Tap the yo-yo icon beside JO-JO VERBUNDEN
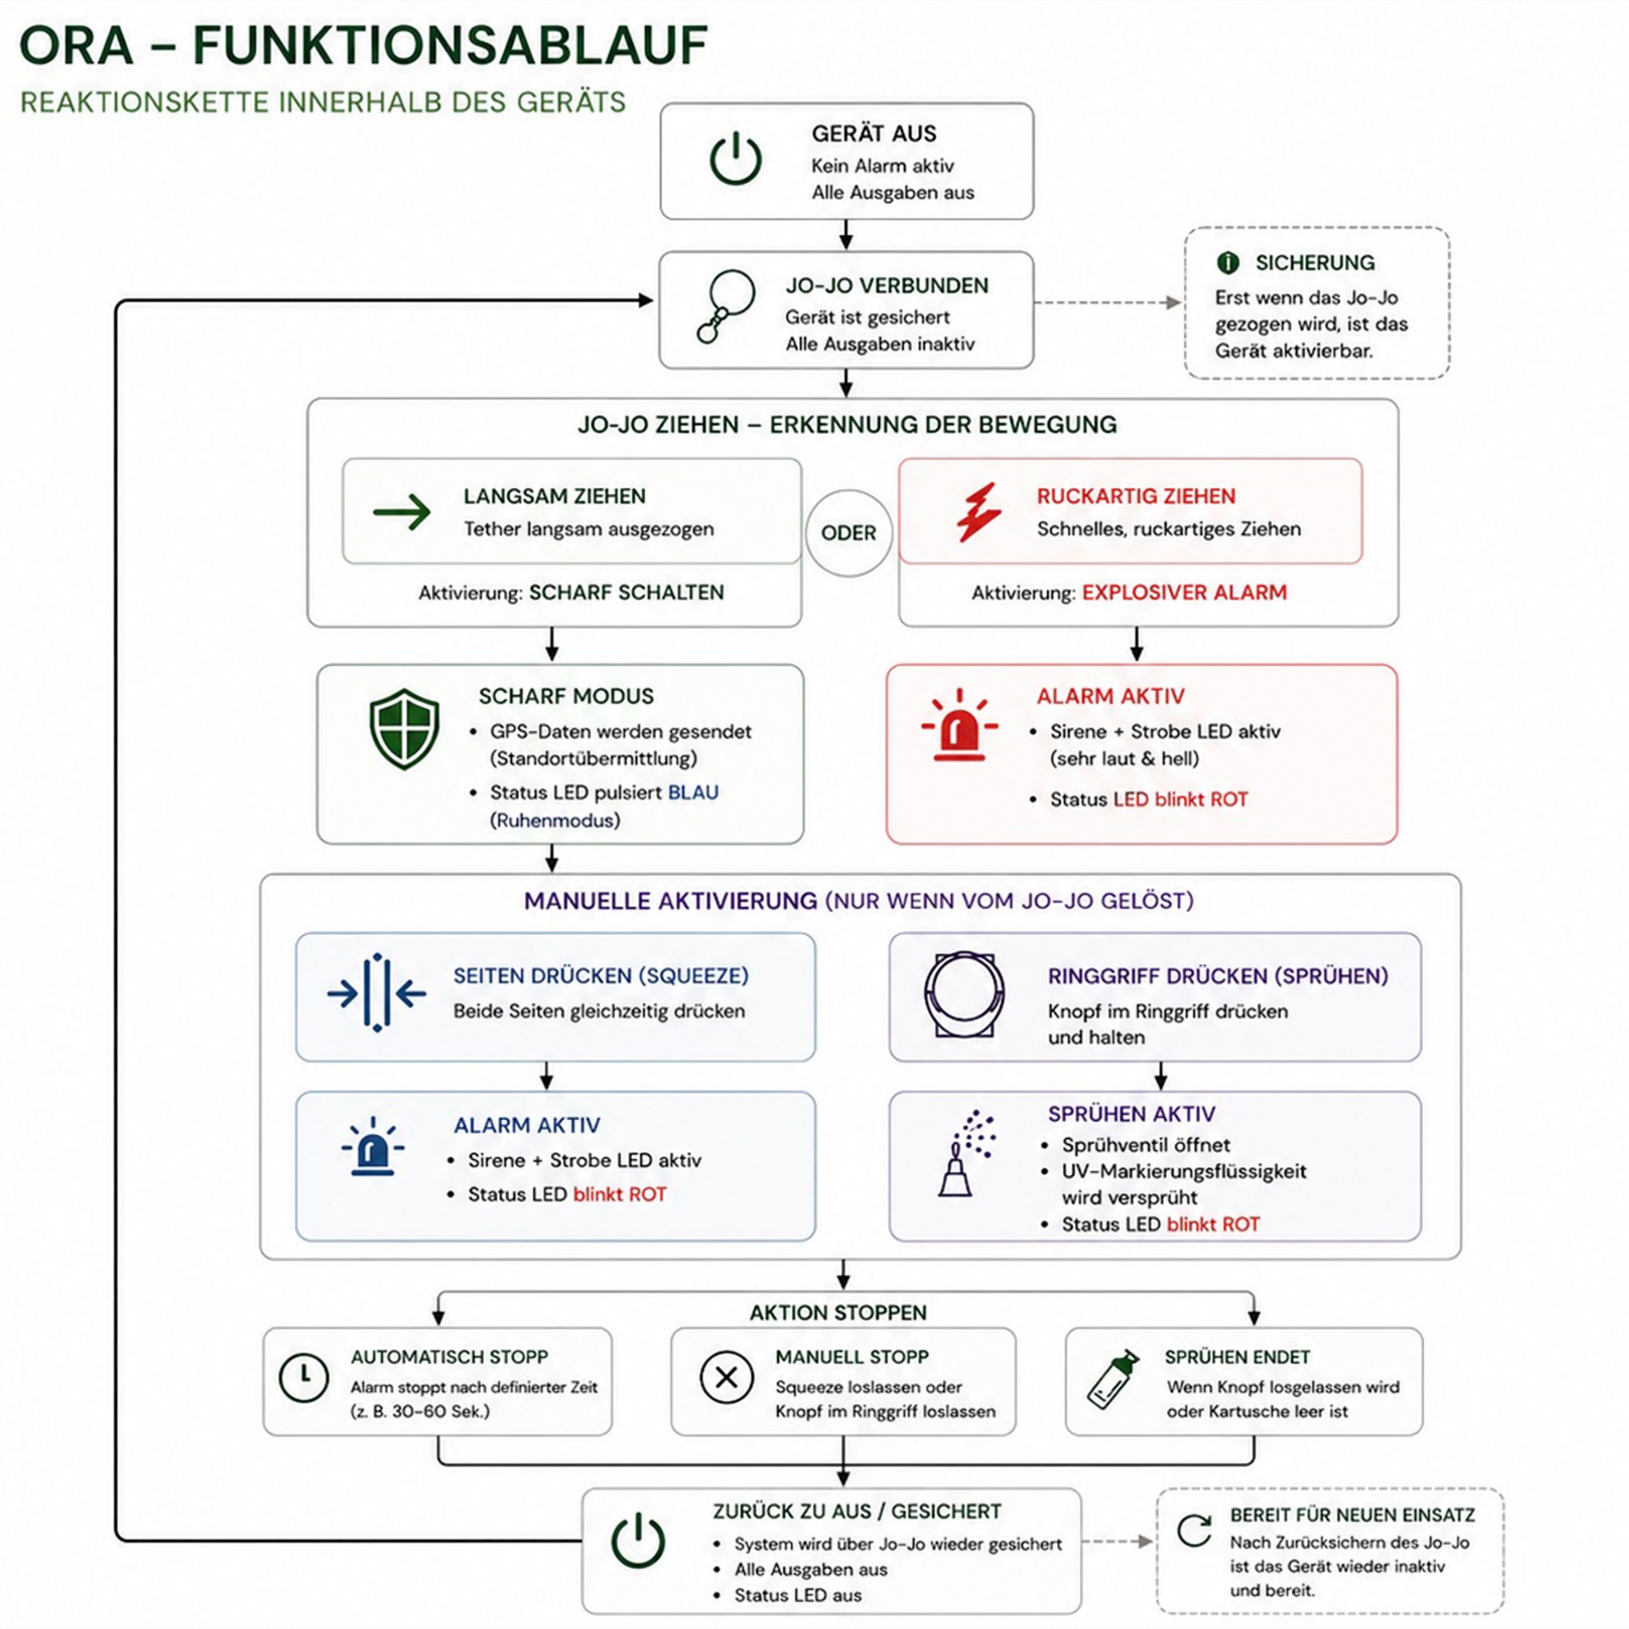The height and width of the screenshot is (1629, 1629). tap(725, 305)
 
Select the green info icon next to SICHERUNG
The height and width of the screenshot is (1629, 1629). tap(1227, 263)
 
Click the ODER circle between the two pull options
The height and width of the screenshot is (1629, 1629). tap(848, 533)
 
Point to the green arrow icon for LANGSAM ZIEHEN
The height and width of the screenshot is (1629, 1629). tap(402, 512)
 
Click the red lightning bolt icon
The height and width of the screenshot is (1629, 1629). tap(978, 512)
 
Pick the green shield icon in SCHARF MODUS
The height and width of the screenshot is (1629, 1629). tap(405, 729)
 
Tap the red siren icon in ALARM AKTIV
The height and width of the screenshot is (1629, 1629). tap(959, 726)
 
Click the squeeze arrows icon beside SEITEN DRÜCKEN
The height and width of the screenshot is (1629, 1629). tap(376, 993)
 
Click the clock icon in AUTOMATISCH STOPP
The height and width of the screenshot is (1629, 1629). tap(304, 1378)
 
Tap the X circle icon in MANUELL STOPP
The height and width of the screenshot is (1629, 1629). tap(726, 1378)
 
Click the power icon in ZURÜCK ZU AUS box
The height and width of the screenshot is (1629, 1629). tap(638, 1541)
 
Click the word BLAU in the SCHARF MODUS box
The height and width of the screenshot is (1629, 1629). tap(693, 793)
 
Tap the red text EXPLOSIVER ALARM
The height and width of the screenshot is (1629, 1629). tap(1185, 593)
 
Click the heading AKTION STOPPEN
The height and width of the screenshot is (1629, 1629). tap(838, 1313)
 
